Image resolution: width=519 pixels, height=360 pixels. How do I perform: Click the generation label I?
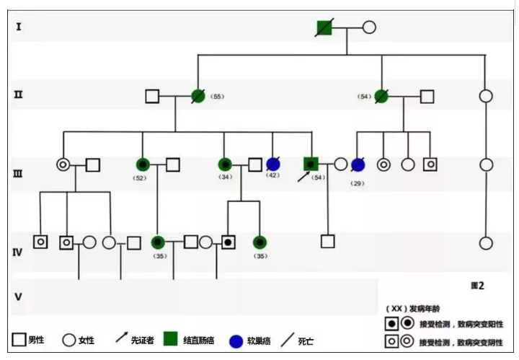click(19, 27)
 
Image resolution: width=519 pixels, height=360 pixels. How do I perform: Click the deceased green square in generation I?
click(324, 28)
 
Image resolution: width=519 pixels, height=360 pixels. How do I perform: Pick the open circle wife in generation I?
click(368, 28)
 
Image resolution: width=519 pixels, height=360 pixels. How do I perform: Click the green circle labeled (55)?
click(198, 96)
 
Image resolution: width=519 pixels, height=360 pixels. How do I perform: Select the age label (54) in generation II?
click(365, 96)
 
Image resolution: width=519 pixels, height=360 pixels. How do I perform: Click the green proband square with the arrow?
click(311, 164)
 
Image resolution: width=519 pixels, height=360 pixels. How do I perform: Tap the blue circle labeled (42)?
click(273, 164)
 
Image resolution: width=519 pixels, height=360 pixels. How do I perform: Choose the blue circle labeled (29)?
click(358, 164)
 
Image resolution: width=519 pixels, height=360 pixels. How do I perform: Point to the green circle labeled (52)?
click(142, 164)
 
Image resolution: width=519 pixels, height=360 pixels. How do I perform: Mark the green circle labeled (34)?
click(225, 164)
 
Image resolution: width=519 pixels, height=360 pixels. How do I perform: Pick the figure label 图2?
click(476, 286)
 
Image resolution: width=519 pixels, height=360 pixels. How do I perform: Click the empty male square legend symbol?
click(19, 340)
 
